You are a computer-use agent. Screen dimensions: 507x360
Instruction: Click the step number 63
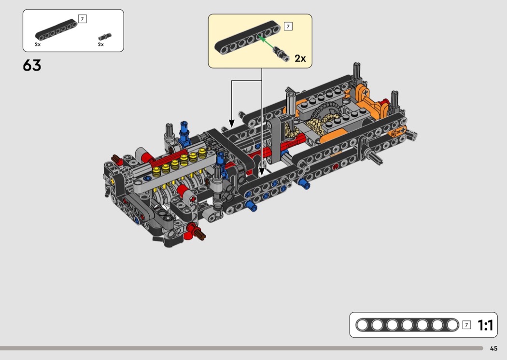(x=32, y=65)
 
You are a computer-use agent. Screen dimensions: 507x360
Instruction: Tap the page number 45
(x=493, y=348)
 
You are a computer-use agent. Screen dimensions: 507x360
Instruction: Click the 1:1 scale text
(x=485, y=325)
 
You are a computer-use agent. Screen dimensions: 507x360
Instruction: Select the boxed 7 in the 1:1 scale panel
(x=466, y=325)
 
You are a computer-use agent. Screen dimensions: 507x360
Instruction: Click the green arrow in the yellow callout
(x=267, y=43)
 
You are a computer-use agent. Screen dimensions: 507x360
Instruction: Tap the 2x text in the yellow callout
(x=300, y=58)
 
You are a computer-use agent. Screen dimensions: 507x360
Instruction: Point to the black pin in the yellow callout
(x=281, y=53)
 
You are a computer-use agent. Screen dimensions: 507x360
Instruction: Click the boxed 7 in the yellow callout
(x=288, y=26)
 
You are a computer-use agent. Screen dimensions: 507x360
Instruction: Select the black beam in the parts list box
(x=56, y=30)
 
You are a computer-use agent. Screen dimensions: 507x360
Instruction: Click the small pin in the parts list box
(x=105, y=37)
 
